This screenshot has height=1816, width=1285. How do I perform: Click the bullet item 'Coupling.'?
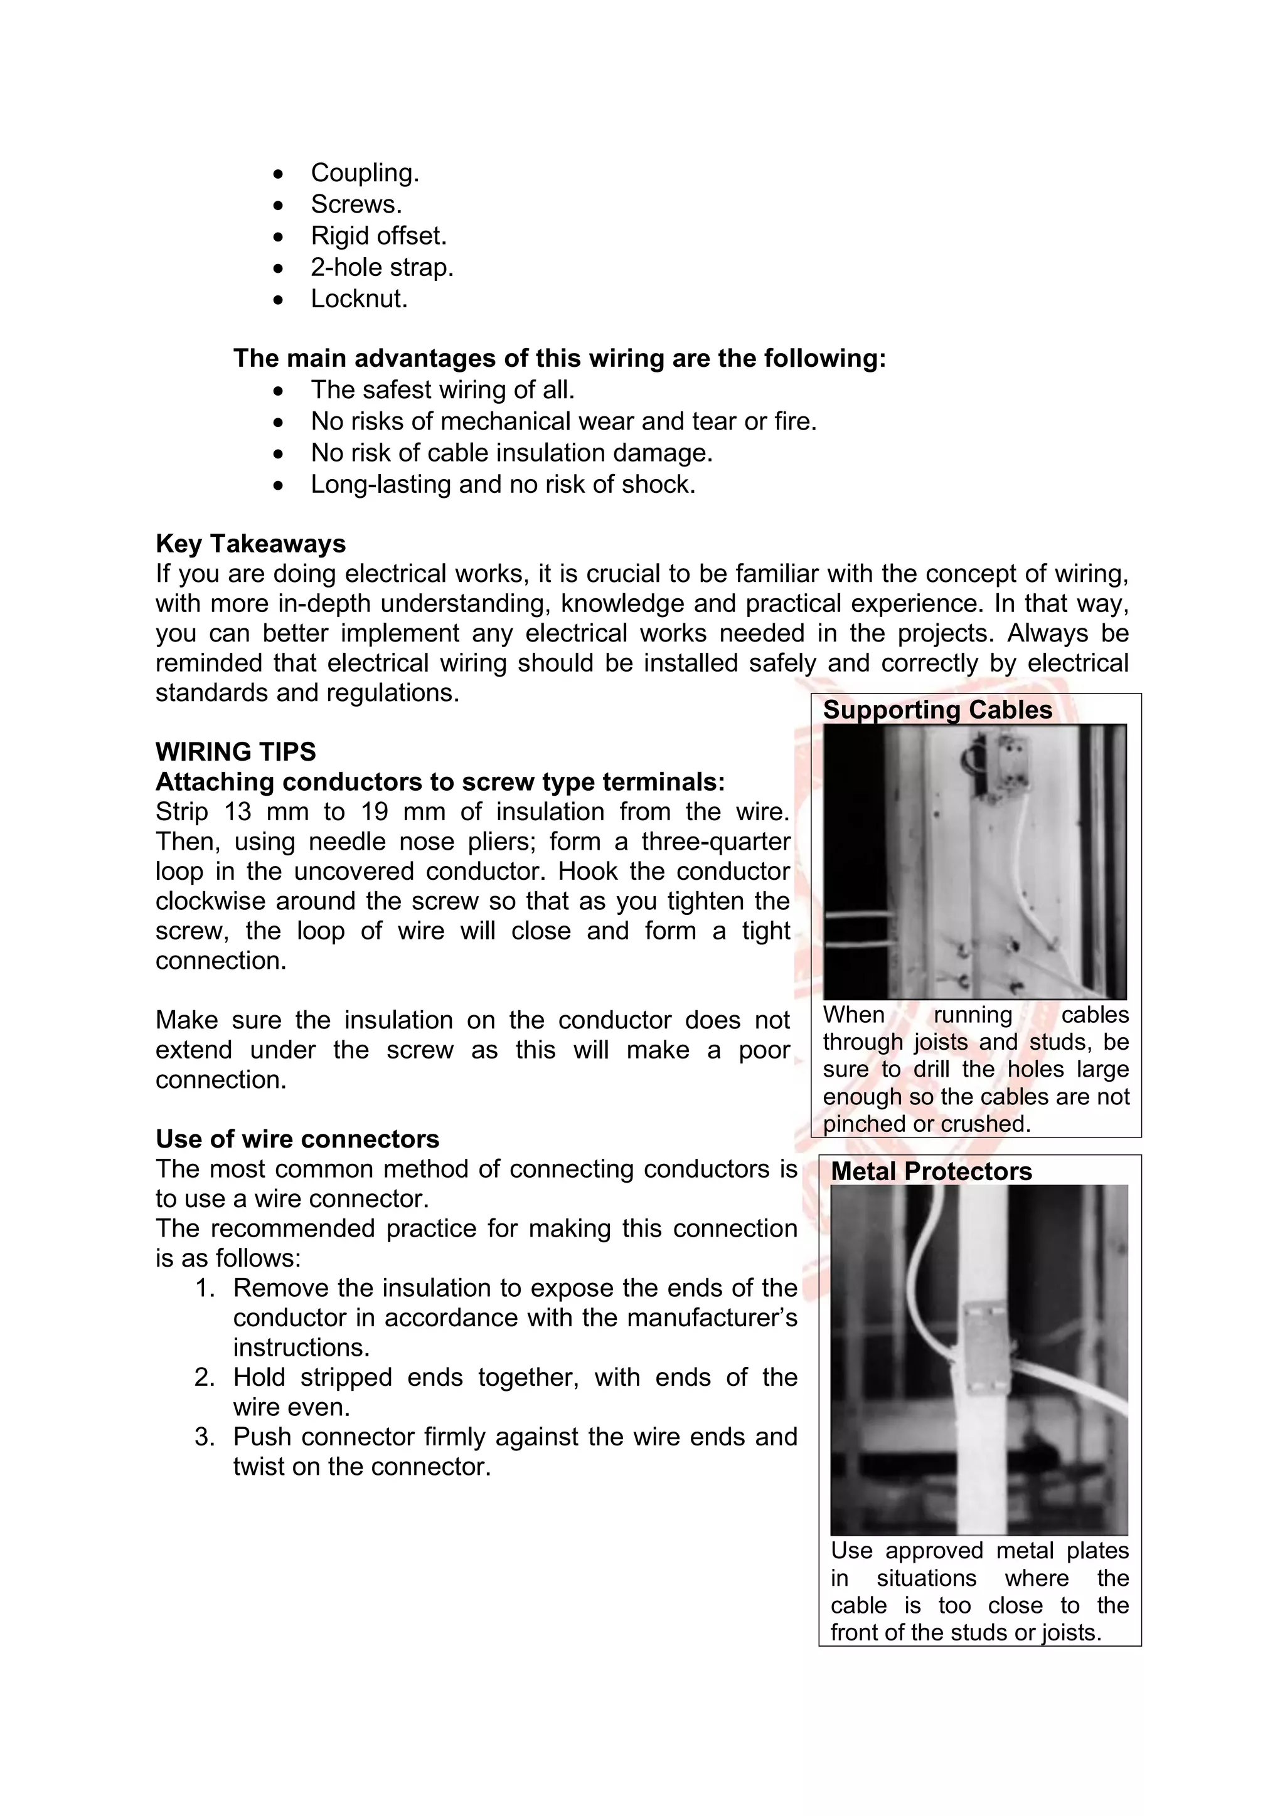pos(364,172)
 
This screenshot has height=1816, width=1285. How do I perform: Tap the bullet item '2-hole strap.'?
pos(381,267)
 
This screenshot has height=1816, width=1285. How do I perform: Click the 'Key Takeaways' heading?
pos(250,544)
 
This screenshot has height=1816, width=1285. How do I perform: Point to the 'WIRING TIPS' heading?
pos(235,751)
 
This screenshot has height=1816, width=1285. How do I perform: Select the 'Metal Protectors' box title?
pos(930,1171)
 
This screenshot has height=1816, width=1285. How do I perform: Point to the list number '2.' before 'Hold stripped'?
pos(205,1377)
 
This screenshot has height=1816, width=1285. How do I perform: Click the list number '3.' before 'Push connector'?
pos(205,1437)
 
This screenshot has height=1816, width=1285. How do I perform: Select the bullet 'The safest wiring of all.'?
pos(442,390)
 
